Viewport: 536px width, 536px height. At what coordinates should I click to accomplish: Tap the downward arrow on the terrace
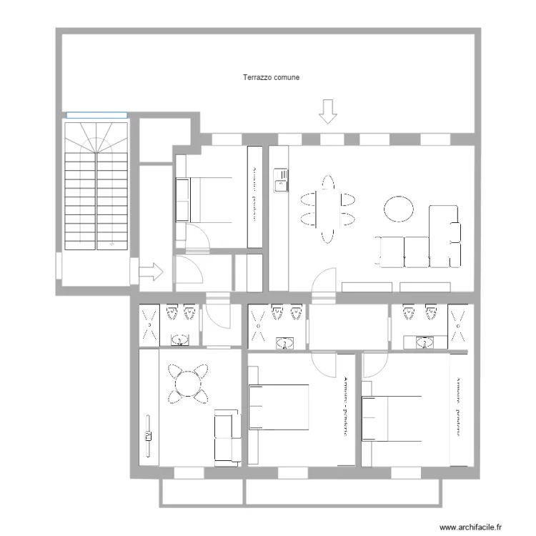(x=328, y=111)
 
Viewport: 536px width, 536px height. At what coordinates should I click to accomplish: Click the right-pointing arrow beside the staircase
(x=152, y=272)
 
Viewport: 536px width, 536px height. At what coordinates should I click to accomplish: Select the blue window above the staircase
(x=96, y=114)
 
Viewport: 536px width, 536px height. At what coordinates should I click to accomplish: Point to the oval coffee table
(x=399, y=209)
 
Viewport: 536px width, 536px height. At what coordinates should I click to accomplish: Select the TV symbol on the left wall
(x=149, y=437)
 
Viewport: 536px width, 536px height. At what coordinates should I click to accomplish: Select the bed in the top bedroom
(x=208, y=199)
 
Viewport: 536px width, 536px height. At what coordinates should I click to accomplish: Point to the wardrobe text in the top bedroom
(x=254, y=197)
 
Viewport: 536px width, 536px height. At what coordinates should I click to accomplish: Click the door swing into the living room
(x=326, y=279)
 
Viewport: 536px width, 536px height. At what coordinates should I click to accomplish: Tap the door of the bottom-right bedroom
(x=373, y=365)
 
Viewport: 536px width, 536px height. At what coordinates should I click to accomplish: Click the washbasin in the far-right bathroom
(x=427, y=343)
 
